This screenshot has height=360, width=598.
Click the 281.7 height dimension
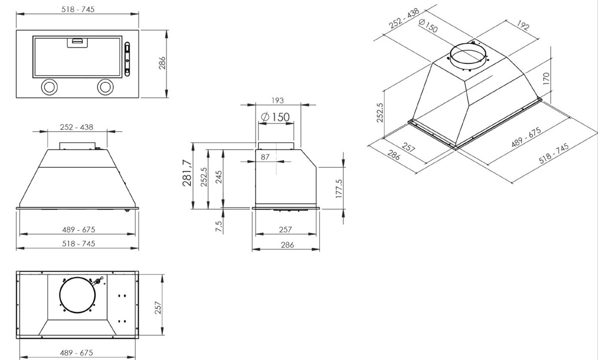[x=188, y=173]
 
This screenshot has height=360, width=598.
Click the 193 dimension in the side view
[x=278, y=101]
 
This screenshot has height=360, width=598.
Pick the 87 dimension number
[x=266, y=157]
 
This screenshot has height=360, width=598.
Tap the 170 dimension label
[x=546, y=80]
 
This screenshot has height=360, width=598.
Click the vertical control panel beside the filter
[x=128, y=58]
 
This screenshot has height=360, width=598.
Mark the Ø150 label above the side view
[x=275, y=117]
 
